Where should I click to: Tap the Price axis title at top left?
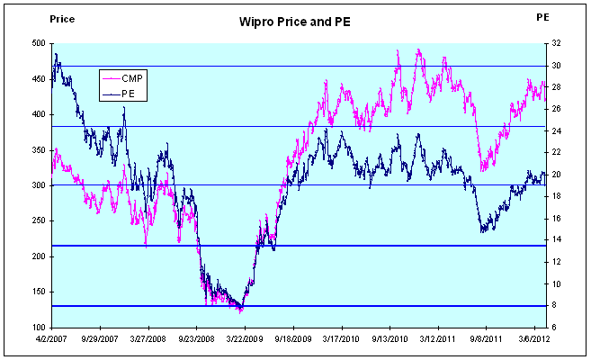click(x=36, y=17)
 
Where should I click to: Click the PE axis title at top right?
click(x=542, y=17)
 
